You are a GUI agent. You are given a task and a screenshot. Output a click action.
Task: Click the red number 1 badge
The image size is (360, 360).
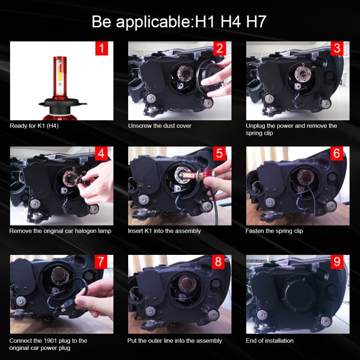pos(102,48)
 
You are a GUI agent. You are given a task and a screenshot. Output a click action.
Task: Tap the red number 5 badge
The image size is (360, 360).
pos(219,154)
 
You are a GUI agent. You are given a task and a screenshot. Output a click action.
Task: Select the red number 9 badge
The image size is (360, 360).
pos(337,262)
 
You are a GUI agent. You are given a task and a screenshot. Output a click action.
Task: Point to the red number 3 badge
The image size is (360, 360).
pos(337,48)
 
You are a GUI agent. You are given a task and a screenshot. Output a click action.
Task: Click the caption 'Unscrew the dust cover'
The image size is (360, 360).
pos(159,126)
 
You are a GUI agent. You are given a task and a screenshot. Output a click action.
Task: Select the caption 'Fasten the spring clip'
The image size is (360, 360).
pos(274,231)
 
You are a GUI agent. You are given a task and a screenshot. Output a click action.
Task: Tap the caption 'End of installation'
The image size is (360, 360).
pos(270,341)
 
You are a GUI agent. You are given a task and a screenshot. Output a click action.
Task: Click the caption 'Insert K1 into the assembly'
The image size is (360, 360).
pos(164,231)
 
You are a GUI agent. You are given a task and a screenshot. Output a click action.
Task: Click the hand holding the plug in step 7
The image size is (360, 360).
pos(98,293)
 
